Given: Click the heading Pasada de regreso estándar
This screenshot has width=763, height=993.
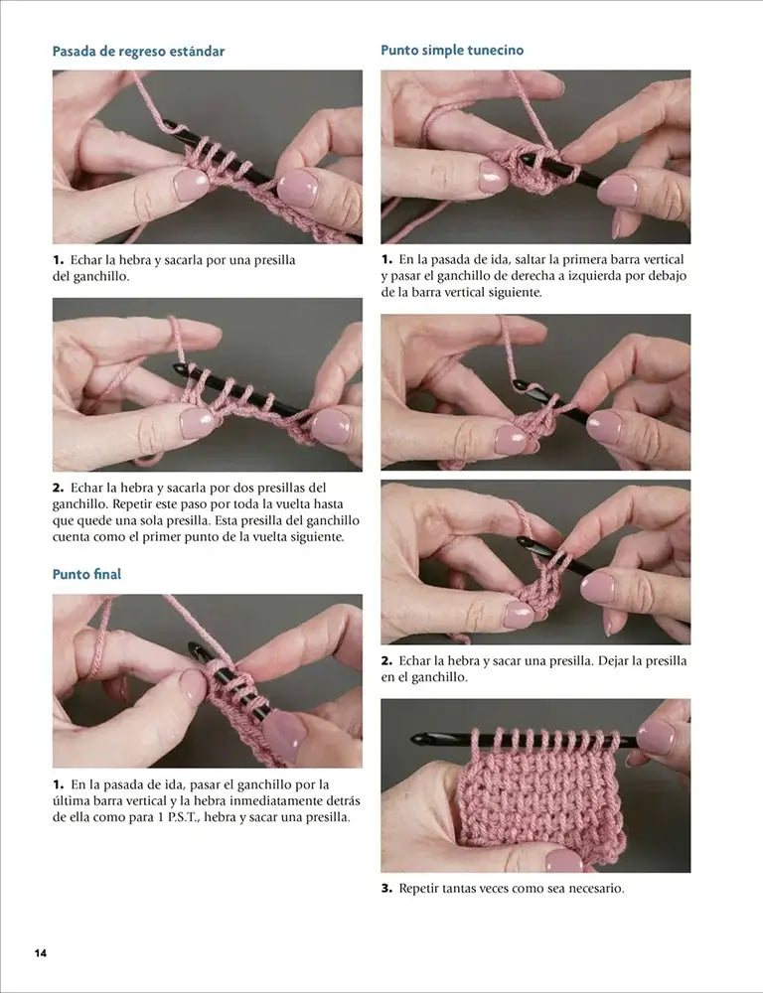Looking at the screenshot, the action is click(x=138, y=52).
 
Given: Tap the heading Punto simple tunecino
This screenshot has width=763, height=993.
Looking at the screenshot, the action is click(x=452, y=50).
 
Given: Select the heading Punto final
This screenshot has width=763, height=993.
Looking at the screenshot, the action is click(x=86, y=574).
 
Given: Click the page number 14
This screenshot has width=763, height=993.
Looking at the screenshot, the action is click(x=41, y=952).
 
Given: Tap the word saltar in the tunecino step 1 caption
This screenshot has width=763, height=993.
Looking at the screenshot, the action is click(x=532, y=259).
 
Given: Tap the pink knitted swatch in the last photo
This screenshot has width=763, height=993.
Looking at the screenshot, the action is click(x=540, y=803).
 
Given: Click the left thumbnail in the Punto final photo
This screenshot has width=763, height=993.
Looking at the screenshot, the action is click(x=193, y=685).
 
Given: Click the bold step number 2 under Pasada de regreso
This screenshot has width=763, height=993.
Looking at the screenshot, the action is click(x=58, y=489).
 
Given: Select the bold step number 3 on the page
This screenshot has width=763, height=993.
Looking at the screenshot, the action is click(x=386, y=889).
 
